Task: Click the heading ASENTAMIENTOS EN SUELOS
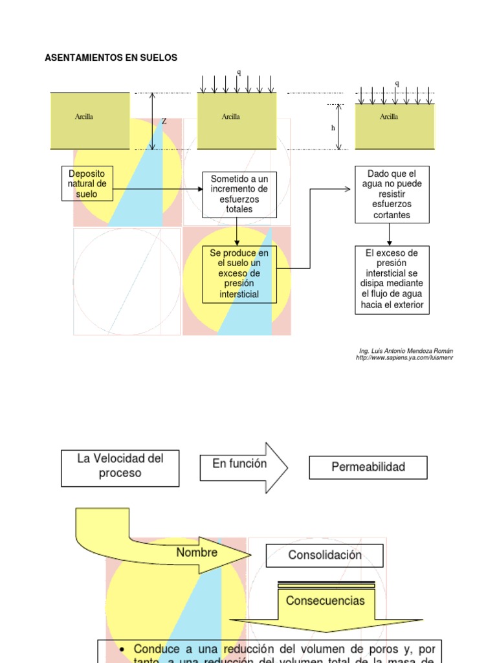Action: click(x=111, y=58)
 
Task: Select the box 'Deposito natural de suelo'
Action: click(x=87, y=184)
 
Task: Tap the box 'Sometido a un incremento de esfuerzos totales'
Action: click(x=239, y=194)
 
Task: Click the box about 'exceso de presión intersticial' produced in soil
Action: click(x=239, y=274)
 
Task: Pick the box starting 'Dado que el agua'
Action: click(x=392, y=194)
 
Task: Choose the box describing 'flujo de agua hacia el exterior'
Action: click(x=392, y=279)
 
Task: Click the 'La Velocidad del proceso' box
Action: click(x=120, y=466)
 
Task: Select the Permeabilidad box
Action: click(x=368, y=467)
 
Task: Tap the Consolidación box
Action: click(x=324, y=556)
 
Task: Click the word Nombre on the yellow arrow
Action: click(x=197, y=553)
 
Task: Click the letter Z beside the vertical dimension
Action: click(x=164, y=121)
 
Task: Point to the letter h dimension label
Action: click(x=333, y=128)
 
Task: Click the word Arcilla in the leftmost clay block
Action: click(x=83, y=117)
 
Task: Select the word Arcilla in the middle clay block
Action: click(x=230, y=117)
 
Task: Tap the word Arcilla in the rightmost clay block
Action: click(x=388, y=117)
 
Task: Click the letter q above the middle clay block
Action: click(x=238, y=72)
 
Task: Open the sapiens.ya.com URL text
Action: click(x=404, y=358)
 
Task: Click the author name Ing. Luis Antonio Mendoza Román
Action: click(x=406, y=351)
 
